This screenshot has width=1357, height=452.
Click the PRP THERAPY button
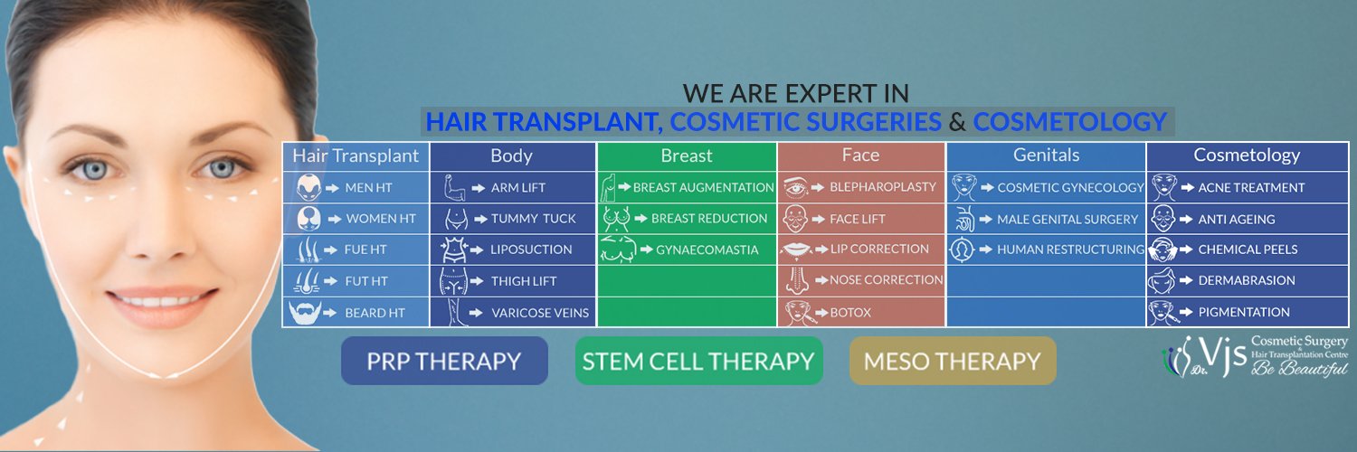[x=444, y=361]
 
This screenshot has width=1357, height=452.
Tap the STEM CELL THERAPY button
[x=698, y=361]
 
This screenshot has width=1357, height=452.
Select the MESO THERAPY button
[x=953, y=361]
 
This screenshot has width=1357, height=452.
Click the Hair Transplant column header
[x=356, y=156]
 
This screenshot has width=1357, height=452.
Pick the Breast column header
[x=687, y=156]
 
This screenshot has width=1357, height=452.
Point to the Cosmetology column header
[x=1247, y=155]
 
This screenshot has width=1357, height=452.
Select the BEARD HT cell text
[x=375, y=313]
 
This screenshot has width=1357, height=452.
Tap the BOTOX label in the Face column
[x=850, y=312]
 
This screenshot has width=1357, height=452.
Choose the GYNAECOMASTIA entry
[x=707, y=250]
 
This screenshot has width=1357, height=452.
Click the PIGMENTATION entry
[x=1244, y=312]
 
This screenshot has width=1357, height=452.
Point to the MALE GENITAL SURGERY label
[x=1068, y=219]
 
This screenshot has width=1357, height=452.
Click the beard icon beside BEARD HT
[x=305, y=312]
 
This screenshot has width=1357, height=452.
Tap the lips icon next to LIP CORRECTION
[x=796, y=250]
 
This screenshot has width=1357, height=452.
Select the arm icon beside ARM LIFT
[x=453, y=187]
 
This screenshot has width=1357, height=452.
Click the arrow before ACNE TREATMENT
[x=1187, y=187]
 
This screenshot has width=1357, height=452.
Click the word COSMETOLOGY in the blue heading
[x=1069, y=122]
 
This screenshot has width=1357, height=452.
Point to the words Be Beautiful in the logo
[x=1299, y=367]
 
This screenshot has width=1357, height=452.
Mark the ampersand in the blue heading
[x=957, y=122]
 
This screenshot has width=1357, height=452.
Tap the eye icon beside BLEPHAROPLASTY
[x=795, y=187]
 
